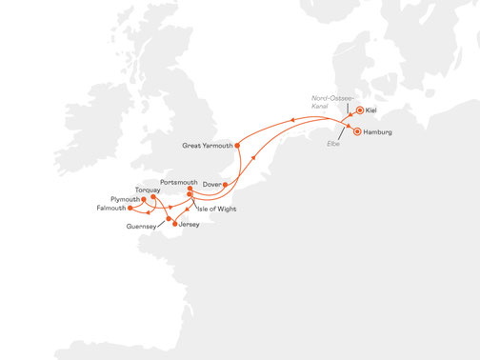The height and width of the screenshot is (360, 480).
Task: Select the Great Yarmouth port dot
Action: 236,145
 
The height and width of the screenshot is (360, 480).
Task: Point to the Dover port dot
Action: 226,184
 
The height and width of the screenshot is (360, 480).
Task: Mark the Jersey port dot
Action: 174,224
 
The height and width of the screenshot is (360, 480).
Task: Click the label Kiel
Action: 372,111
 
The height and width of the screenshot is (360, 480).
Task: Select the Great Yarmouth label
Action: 206,146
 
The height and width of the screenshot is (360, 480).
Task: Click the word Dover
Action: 211,184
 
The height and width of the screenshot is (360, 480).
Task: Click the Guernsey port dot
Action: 169,218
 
